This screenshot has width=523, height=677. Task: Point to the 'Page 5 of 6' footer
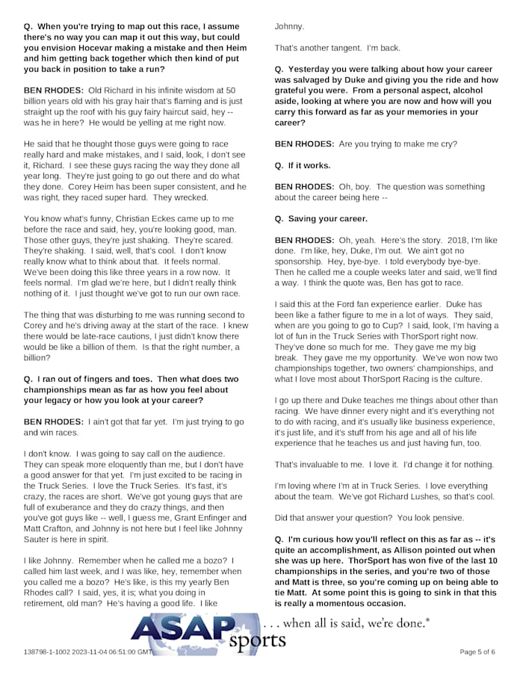tap(477, 652)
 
